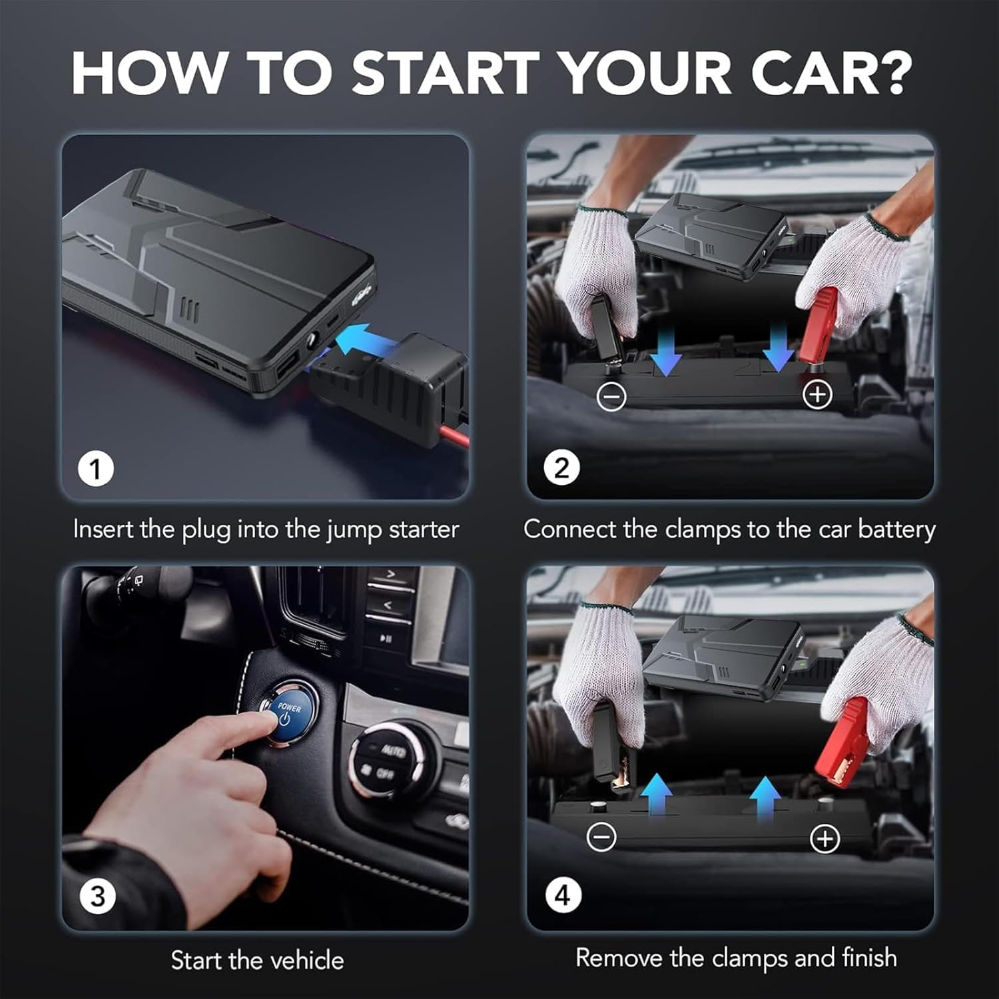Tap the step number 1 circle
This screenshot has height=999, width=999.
96,468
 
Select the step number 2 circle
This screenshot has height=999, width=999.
561,468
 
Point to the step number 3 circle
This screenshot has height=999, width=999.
97,896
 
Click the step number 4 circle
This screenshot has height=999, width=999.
563,896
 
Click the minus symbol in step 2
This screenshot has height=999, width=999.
611,396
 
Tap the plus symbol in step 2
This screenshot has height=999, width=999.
817,394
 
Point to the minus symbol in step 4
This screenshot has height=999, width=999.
601,836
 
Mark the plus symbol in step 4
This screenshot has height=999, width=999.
825,838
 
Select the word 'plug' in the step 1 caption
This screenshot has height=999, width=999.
207,531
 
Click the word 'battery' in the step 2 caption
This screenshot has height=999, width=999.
896,529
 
